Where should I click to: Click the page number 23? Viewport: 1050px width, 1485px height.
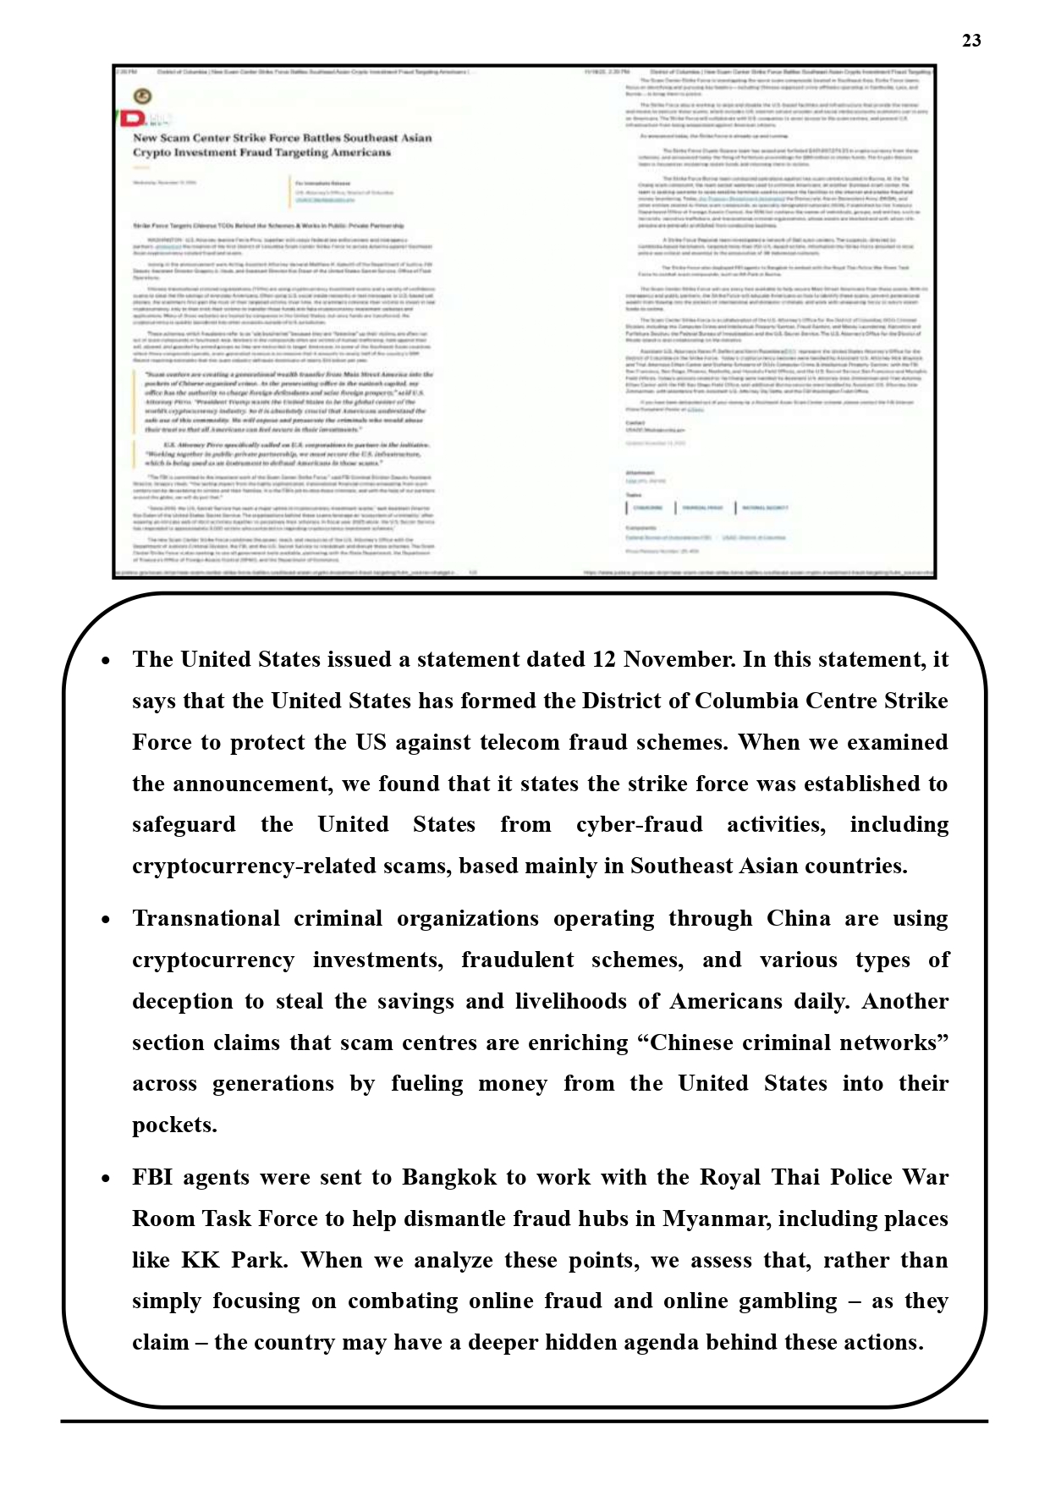point(971,41)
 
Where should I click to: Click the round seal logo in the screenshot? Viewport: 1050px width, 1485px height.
point(143,96)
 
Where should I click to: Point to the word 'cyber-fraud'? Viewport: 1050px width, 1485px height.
point(639,825)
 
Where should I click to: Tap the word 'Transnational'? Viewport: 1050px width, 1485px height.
point(206,919)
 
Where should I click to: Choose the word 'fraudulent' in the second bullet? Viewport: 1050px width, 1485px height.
point(517,960)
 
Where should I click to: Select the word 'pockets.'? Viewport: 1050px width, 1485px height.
point(174,1125)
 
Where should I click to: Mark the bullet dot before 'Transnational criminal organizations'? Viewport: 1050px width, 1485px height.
point(106,920)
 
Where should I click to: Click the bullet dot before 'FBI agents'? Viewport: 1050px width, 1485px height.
point(106,1179)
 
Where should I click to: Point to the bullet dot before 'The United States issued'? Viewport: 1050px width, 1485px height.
point(106,661)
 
